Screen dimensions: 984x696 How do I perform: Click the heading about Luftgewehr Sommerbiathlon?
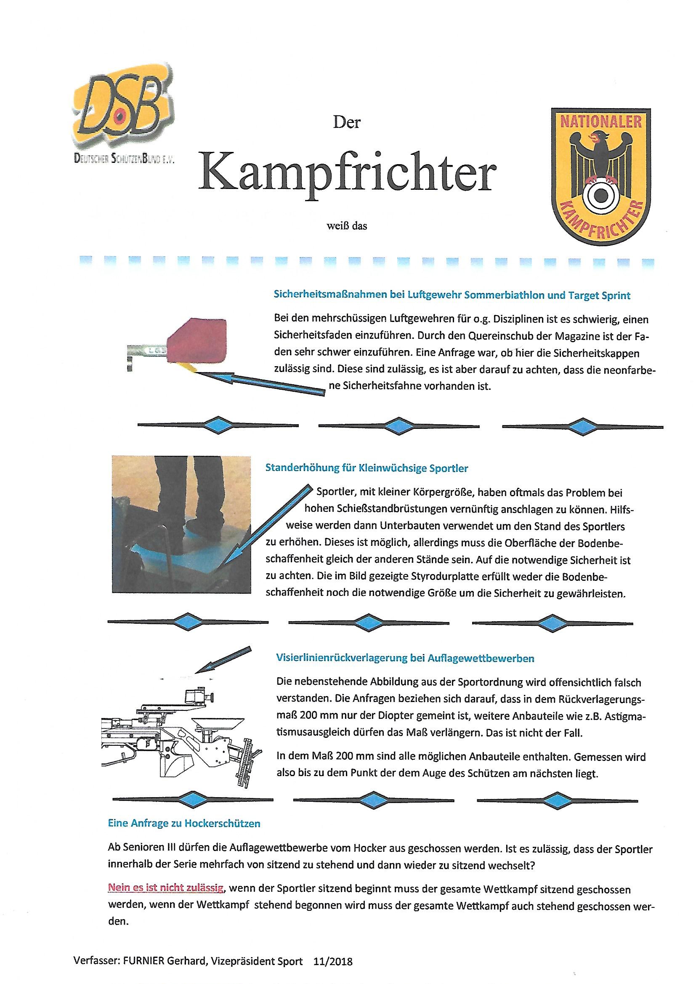(x=451, y=295)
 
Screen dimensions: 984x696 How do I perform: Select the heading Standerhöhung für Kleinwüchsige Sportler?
(x=367, y=468)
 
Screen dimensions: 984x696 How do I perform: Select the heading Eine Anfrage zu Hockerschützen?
(x=184, y=823)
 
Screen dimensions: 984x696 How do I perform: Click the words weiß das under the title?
(x=347, y=226)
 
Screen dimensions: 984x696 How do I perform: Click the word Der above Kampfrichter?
(x=347, y=122)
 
